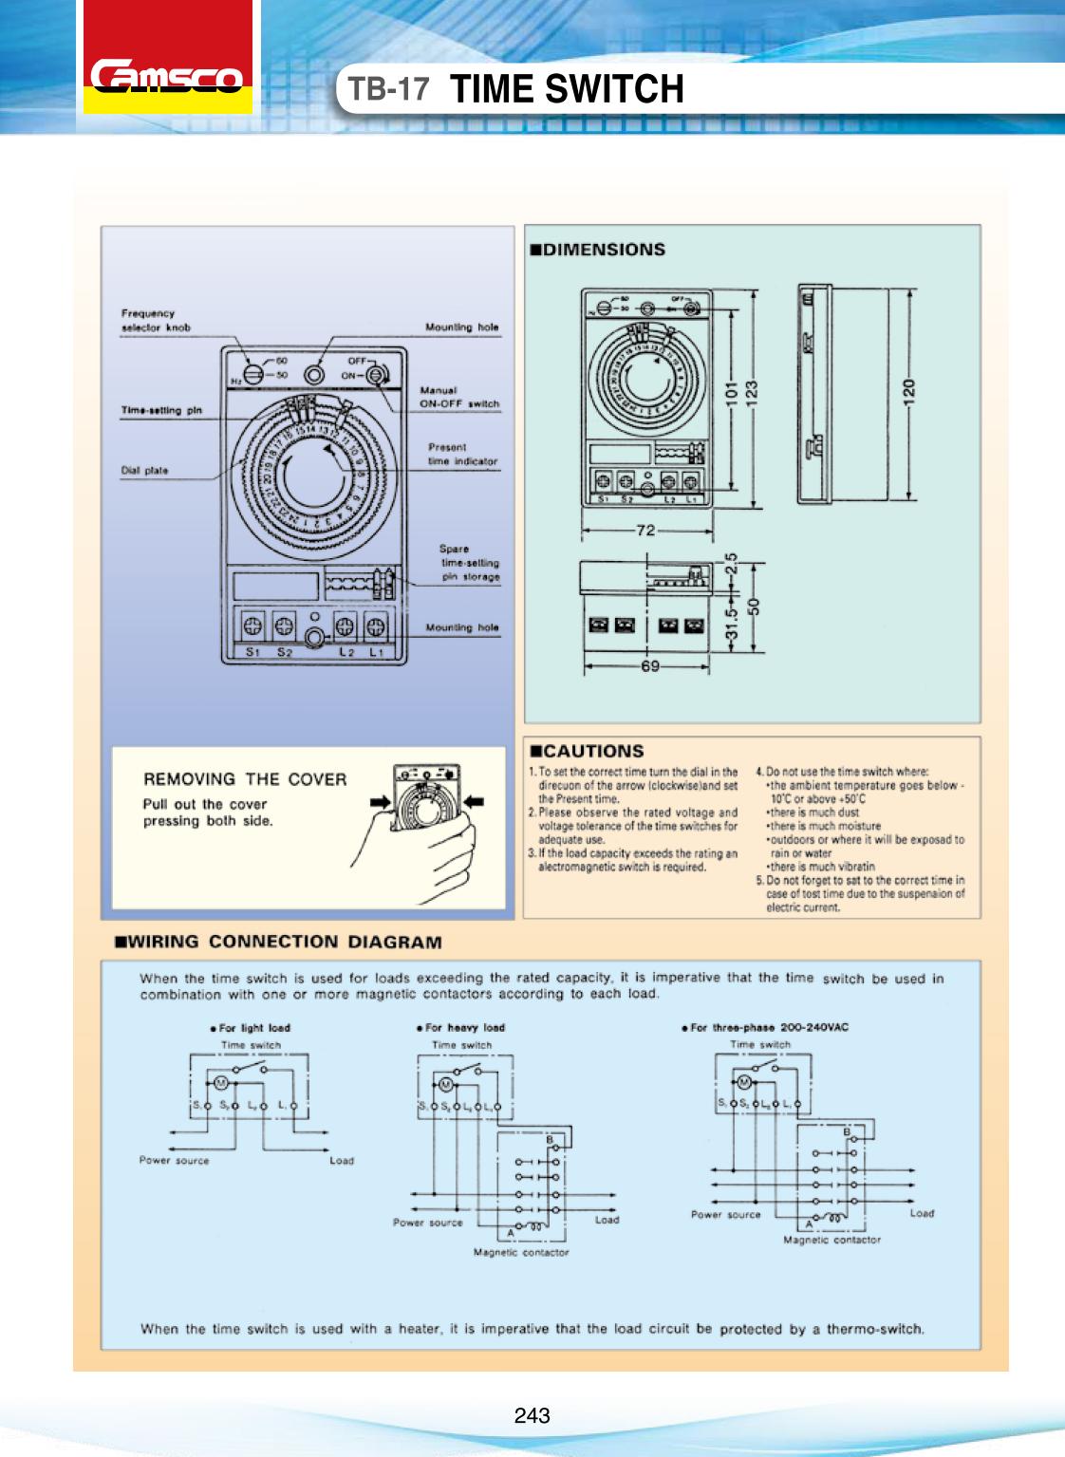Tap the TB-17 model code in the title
[x=388, y=89]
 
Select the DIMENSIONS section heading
[x=597, y=250]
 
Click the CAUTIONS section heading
[x=587, y=751]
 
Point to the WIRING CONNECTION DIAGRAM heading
[x=278, y=943]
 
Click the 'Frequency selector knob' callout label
[x=155, y=320]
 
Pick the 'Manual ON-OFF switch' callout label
[x=459, y=397]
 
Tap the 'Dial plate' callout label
[x=144, y=470]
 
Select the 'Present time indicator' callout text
[x=462, y=454]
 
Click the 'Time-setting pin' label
[x=161, y=410]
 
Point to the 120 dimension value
[x=909, y=389]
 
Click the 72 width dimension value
[x=645, y=531]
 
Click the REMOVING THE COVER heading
[x=245, y=779]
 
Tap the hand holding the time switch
[x=427, y=854]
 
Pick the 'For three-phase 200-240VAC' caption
[x=765, y=1028]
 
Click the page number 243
[x=532, y=1416]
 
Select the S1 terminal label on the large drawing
[x=252, y=652]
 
